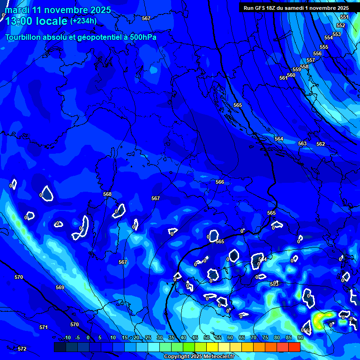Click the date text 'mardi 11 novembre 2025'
58,10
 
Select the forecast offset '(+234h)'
83,21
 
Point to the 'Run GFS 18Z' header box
296,8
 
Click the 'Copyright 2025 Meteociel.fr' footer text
199,357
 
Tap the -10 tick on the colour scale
67,338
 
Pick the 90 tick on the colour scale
300,338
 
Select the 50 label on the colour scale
207,338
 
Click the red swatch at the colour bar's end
294,347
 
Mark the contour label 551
345,17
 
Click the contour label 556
317,54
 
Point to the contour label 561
283,78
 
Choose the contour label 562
321,144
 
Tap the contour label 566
220,182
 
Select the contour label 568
107,194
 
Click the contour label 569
60,288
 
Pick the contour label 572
22,349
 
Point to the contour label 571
44,328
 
